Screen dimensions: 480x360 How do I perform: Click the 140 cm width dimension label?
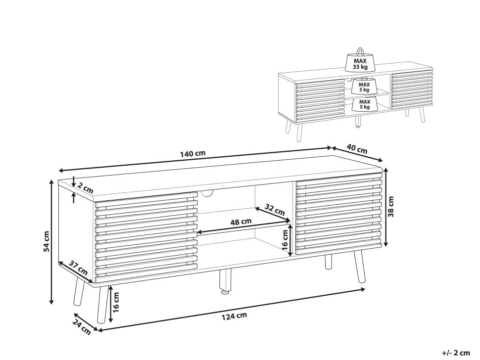[x=192, y=153]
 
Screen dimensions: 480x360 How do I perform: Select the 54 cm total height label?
[x=46, y=241]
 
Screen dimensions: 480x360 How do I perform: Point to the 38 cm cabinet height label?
[x=391, y=207]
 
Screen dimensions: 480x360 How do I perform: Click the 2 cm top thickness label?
[x=85, y=187]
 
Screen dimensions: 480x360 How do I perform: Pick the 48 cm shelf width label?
[x=241, y=222]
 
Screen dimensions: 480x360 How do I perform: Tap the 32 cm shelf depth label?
[x=275, y=210]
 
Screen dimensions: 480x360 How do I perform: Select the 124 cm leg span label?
[x=234, y=316]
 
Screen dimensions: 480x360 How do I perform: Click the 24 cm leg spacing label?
[x=82, y=327]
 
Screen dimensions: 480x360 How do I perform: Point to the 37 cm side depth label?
[x=78, y=267]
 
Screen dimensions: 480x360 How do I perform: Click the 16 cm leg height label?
[x=116, y=303]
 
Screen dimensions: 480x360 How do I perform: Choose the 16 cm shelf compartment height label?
[x=285, y=239]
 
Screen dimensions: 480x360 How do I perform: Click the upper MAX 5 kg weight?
[x=364, y=86]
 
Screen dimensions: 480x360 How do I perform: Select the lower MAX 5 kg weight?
[x=364, y=104]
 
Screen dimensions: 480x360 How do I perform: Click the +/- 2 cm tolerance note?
[x=456, y=353]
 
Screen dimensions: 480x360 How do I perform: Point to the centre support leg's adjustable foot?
[x=225, y=292]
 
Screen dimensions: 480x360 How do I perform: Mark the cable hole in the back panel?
[x=207, y=193]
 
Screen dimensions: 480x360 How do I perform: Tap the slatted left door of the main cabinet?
[x=146, y=237]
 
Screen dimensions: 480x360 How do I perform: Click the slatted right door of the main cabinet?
[x=339, y=214]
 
